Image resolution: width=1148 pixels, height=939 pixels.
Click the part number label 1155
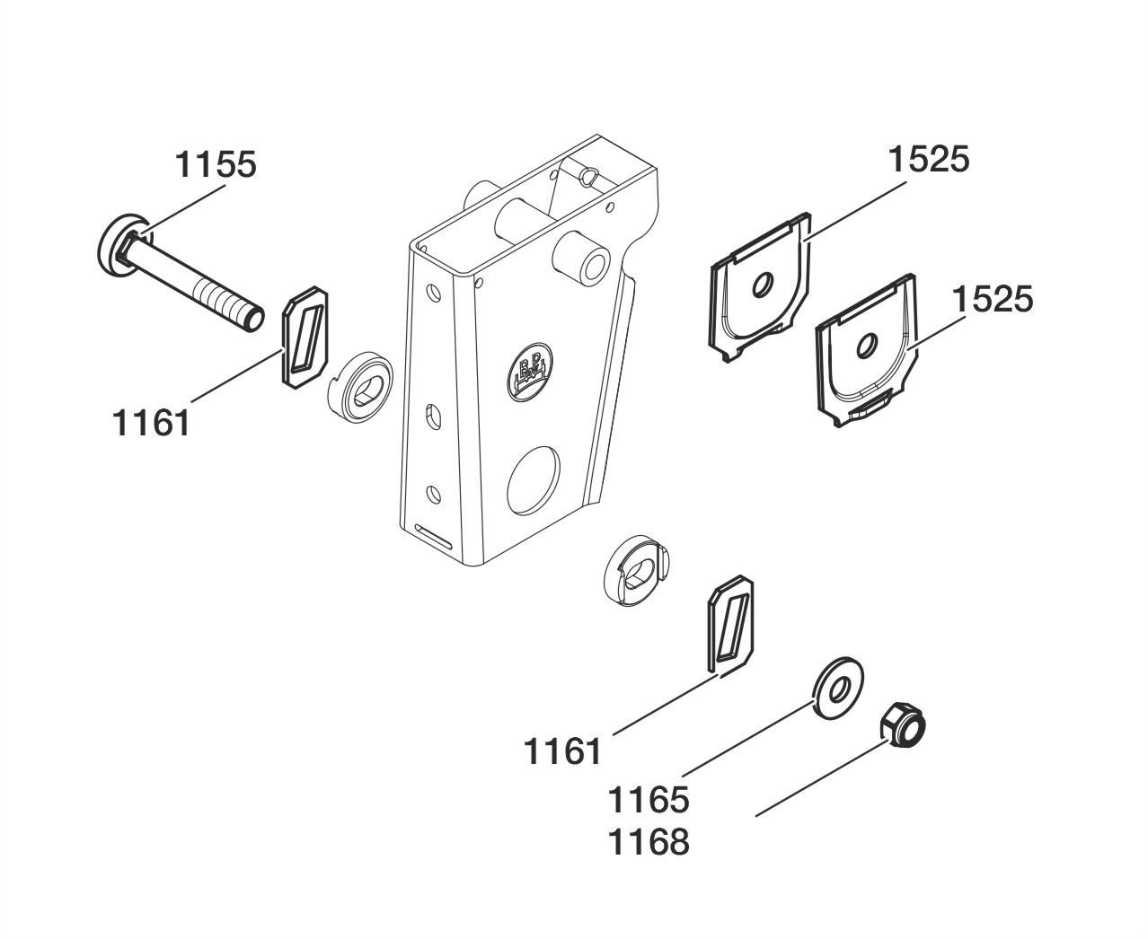point(215,164)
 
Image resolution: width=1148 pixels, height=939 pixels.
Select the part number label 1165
point(649,800)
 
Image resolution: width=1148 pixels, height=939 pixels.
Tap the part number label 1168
point(649,843)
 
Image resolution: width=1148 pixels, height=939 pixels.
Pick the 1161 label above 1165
point(563,752)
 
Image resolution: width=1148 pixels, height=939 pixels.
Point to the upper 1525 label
point(929,160)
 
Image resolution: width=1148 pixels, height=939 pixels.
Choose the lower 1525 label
point(993,300)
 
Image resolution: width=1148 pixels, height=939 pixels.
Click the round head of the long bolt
point(124,245)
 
